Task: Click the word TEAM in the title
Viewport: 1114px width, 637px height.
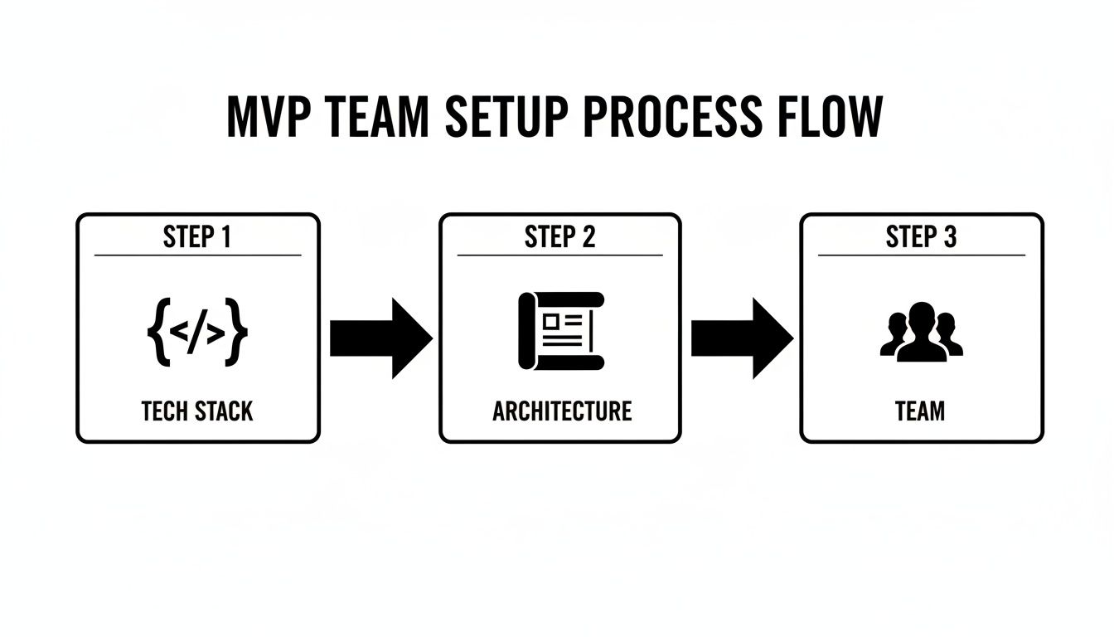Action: point(378,119)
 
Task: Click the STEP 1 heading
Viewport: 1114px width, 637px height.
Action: point(197,237)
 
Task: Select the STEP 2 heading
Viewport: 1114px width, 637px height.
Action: point(559,237)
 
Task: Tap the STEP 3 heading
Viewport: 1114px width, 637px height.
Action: point(921,237)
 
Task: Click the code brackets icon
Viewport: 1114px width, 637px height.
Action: point(197,333)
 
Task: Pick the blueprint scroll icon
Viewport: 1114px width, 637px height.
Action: point(561,330)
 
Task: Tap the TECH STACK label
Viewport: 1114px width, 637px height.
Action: point(197,411)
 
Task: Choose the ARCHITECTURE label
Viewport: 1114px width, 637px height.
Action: point(561,411)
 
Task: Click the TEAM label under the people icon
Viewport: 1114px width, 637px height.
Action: point(920,411)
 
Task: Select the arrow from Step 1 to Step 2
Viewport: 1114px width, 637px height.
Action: point(380,338)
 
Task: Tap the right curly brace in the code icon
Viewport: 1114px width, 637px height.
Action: point(238,333)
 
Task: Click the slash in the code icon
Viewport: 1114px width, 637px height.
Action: point(197,333)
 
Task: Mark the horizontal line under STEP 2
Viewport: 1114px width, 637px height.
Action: point(559,255)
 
